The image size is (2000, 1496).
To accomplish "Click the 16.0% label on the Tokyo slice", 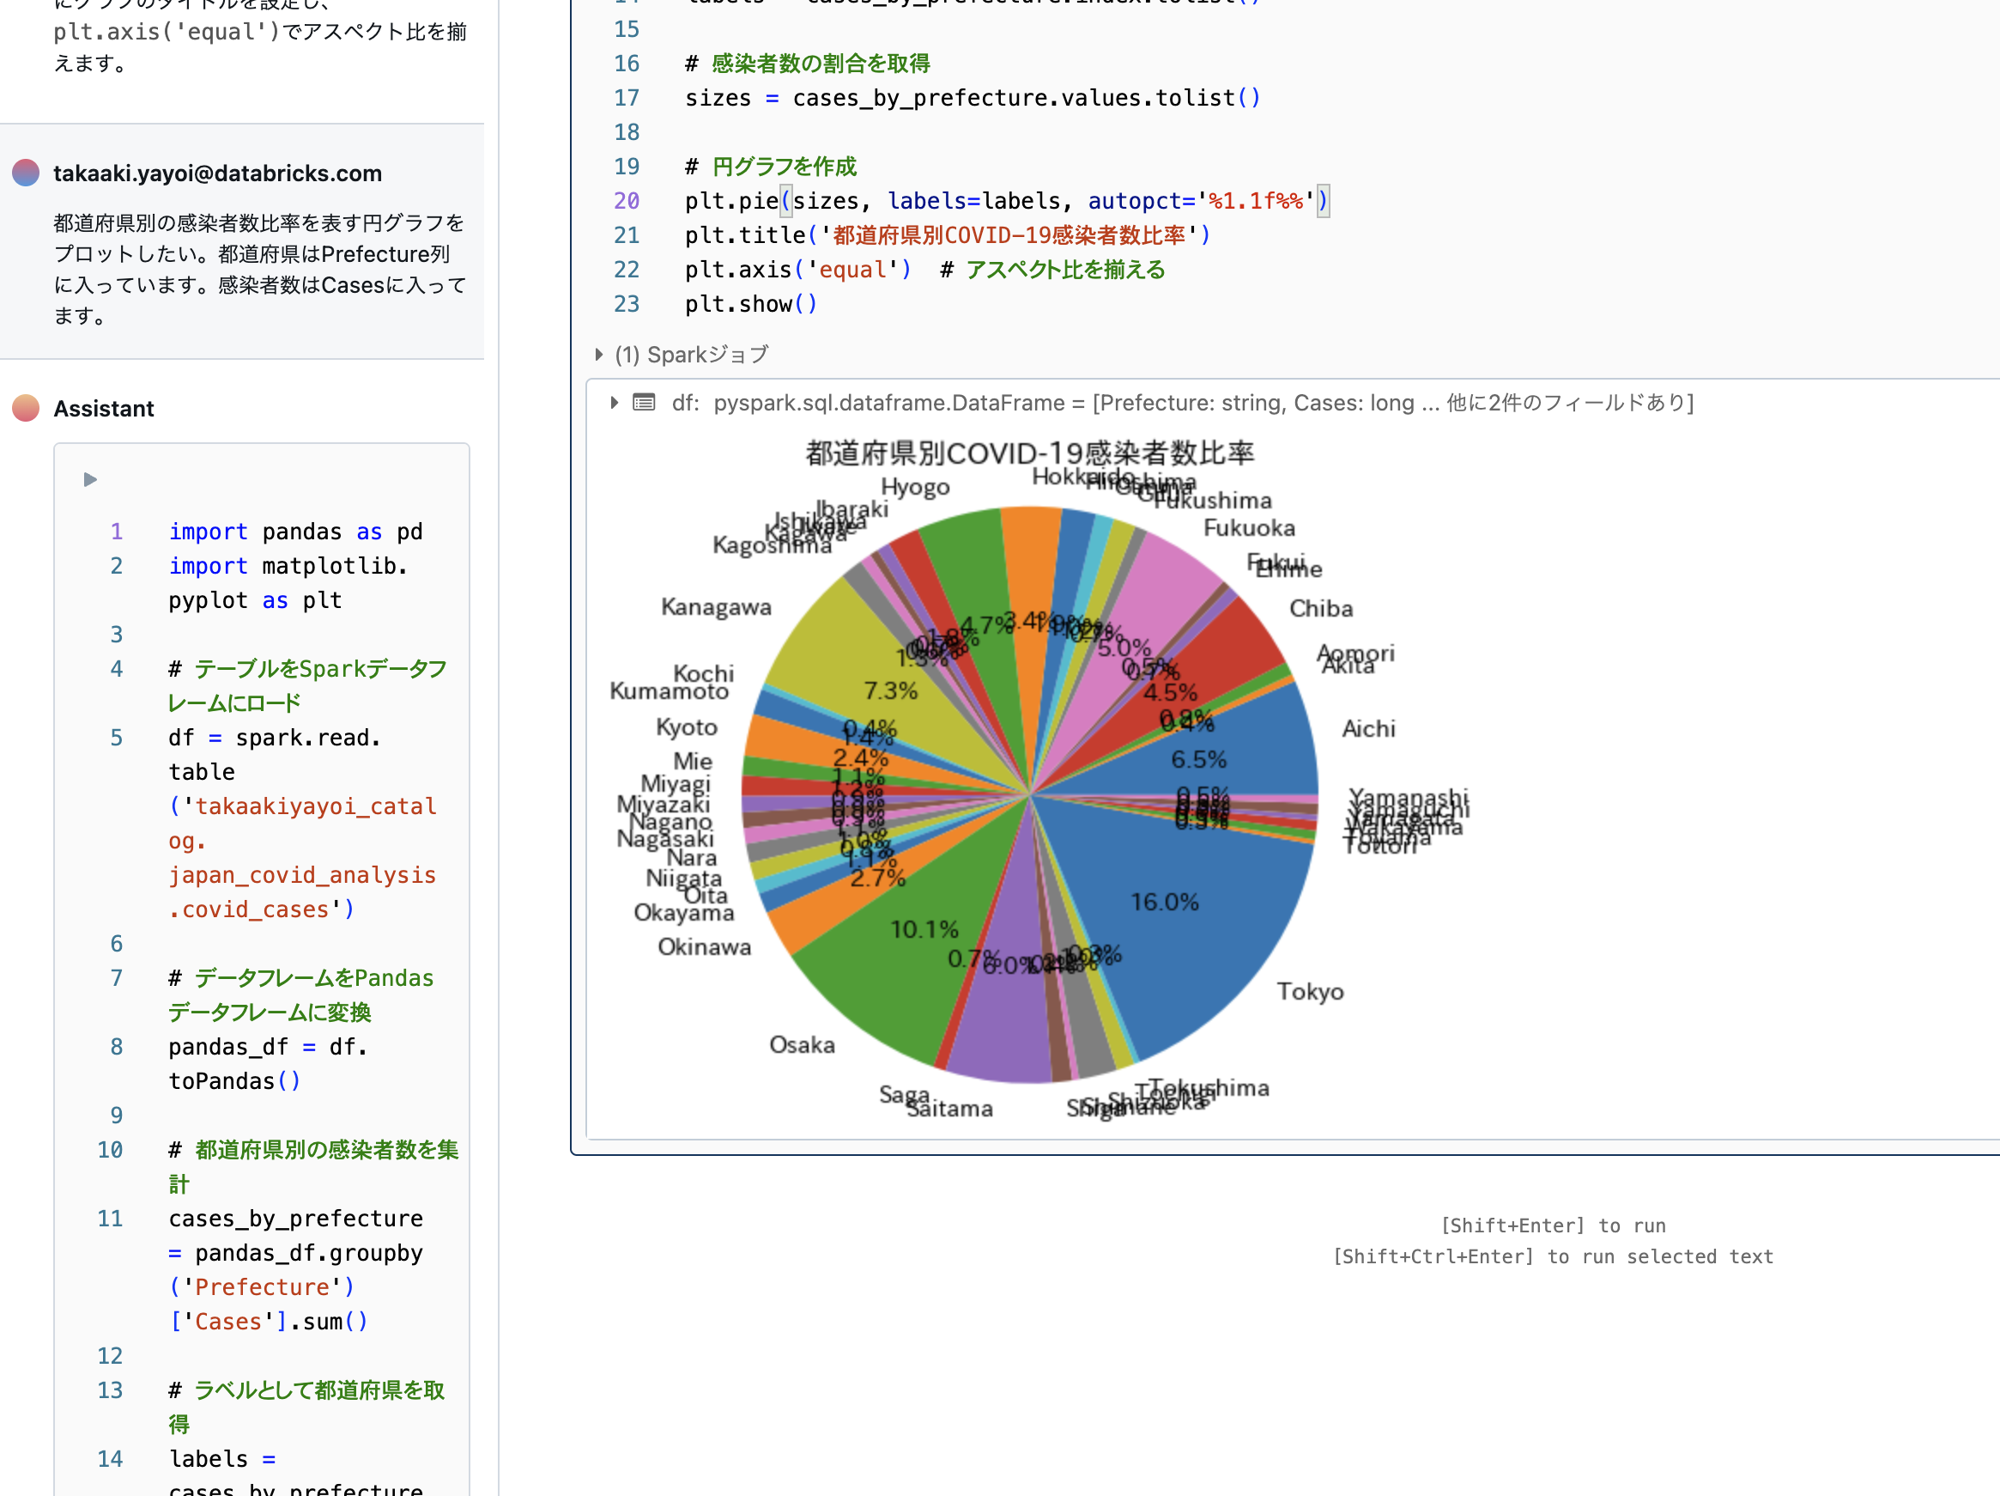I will click(1164, 902).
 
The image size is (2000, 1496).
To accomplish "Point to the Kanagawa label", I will click(716, 607).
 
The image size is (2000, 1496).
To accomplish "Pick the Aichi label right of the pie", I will click(1368, 728).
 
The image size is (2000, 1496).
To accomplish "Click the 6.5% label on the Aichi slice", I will click(1199, 759).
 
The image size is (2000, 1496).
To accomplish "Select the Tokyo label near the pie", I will click(1310, 991).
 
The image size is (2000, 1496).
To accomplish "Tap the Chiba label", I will click(1321, 609).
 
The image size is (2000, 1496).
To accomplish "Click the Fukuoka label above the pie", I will click(1249, 527).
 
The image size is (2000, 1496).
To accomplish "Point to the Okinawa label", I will click(705, 947).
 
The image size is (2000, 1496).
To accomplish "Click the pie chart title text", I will click(1029, 453).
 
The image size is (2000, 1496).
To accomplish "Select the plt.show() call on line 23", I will click(750, 304).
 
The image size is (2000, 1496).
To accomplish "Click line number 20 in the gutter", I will click(627, 201).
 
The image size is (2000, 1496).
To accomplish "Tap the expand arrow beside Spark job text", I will click(598, 355).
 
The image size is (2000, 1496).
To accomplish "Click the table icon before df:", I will click(644, 403).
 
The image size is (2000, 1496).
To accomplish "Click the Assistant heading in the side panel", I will click(104, 409).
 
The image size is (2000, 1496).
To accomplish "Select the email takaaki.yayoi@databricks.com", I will click(217, 173).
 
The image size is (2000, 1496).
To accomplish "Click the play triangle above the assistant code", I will click(89, 479).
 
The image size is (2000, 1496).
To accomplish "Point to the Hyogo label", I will click(915, 487).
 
